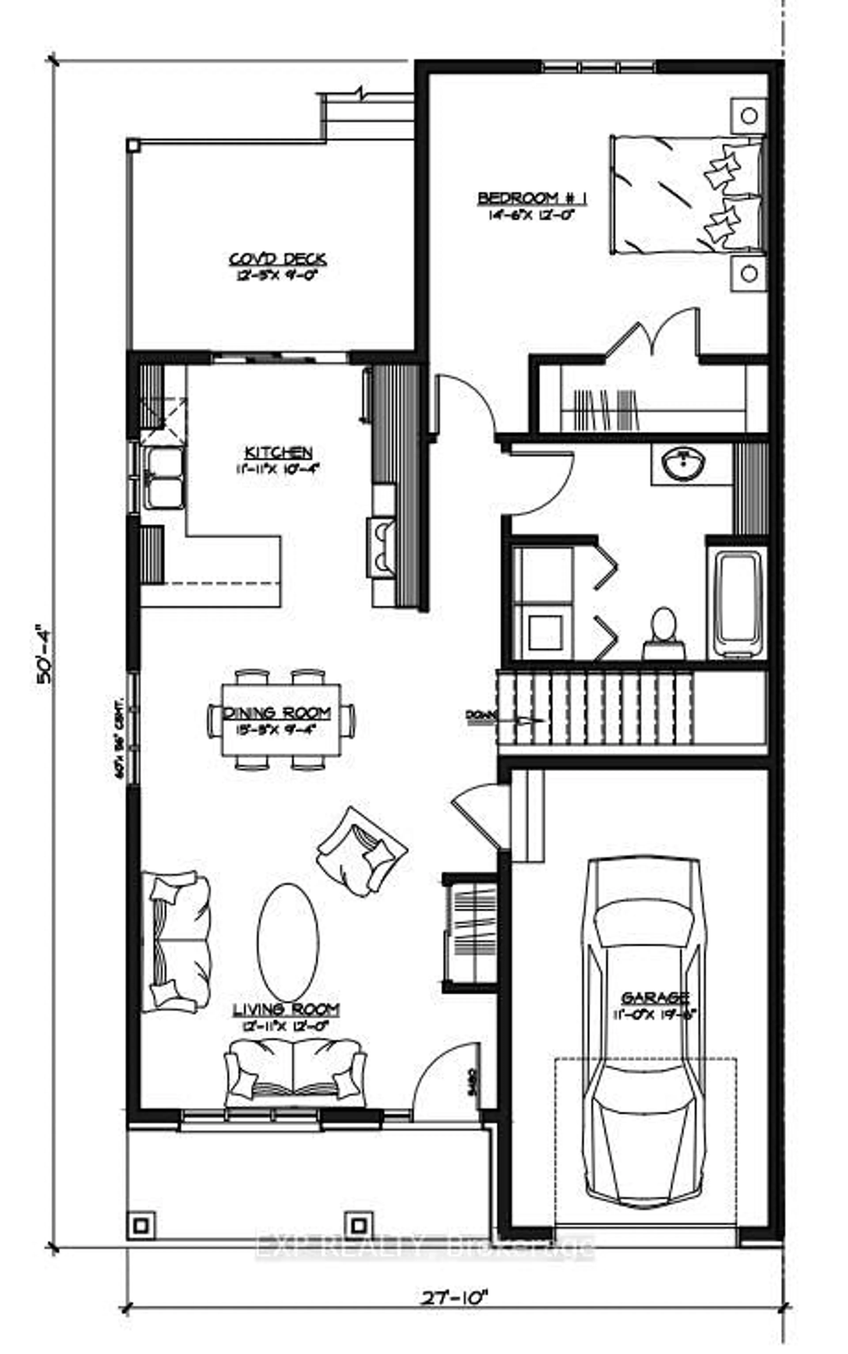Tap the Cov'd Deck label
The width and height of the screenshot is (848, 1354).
tap(278, 260)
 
